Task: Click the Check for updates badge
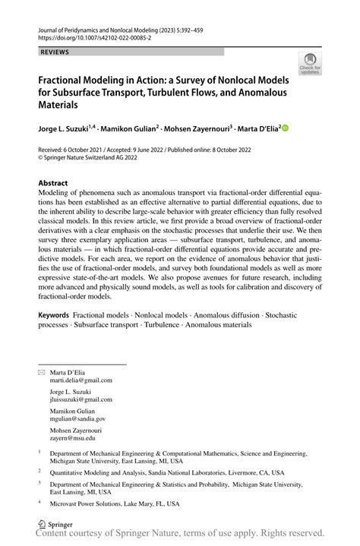[310, 64]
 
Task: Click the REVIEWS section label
[53, 52]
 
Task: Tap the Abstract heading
[54, 184]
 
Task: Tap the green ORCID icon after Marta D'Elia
[286, 129]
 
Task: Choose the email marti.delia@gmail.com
[81, 380]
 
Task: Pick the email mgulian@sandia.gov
[77, 418]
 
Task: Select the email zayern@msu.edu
[74, 437]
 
